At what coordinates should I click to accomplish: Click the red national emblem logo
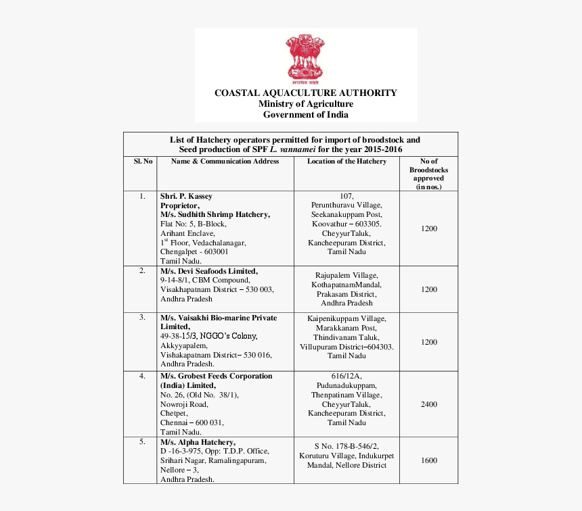coord(306,57)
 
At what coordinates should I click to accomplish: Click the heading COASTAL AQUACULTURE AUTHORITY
coord(306,93)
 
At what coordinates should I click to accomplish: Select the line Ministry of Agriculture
coord(306,104)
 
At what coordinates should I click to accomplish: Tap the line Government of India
coord(306,115)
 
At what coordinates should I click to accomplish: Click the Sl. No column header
coord(143,162)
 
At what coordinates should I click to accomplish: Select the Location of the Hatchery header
coord(346,162)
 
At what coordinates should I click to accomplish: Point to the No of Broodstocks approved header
coord(429,174)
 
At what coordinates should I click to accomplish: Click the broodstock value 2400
coord(429,404)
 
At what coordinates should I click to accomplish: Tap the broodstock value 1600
coord(429,460)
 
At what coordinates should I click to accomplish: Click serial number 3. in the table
coord(142,317)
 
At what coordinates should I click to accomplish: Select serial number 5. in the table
coord(142,441)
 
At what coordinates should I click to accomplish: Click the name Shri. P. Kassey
coord(186,197)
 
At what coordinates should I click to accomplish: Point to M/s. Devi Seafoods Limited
coord(209,271)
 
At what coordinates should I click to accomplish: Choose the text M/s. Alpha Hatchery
coord(198,442)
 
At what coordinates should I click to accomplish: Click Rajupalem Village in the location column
coord(346,275)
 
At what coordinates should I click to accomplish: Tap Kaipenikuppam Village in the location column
coord(346,318)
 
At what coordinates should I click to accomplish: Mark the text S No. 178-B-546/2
coord(346,446)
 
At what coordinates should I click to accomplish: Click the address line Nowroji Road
coord(184,404)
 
